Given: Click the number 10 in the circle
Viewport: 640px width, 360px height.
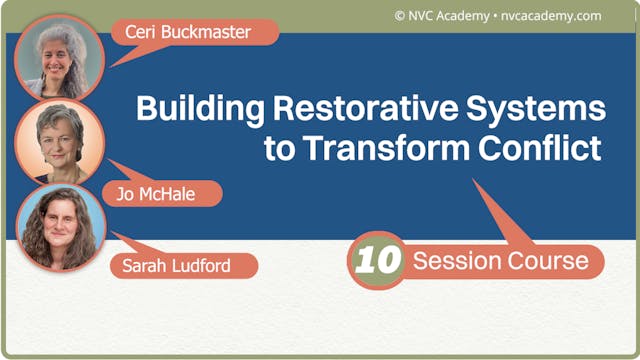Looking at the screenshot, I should coord(378,261).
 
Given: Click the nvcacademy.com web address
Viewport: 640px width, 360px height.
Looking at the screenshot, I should coord(553,15).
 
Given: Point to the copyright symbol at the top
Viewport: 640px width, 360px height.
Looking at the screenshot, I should coord(400,15).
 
